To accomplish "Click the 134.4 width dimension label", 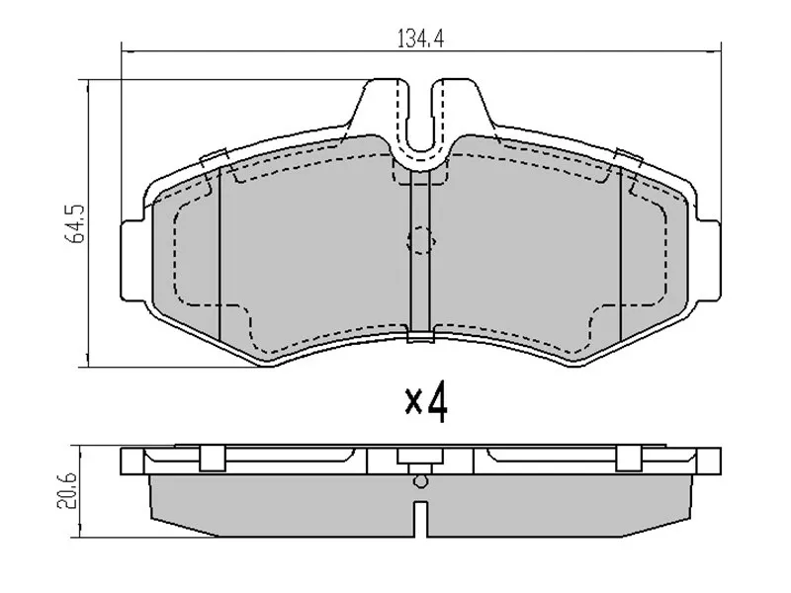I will pyautogui.click(x=420, y=40).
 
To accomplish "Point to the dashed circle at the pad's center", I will pyautogui.click(x=420, y=240).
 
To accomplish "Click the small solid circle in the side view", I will pyautogui.click(x=420, y=481).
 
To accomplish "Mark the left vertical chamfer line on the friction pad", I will pyautogui.click(x=218, y=257).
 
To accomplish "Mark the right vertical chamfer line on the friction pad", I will pyautogui.click(x=620, y=257).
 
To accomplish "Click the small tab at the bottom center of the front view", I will pyautogui.click(x=420, y=339).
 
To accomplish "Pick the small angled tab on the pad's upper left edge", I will pyautogui.click(x=213, y=157).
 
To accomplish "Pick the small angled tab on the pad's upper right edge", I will pyautogui.click(x=626, y=155).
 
